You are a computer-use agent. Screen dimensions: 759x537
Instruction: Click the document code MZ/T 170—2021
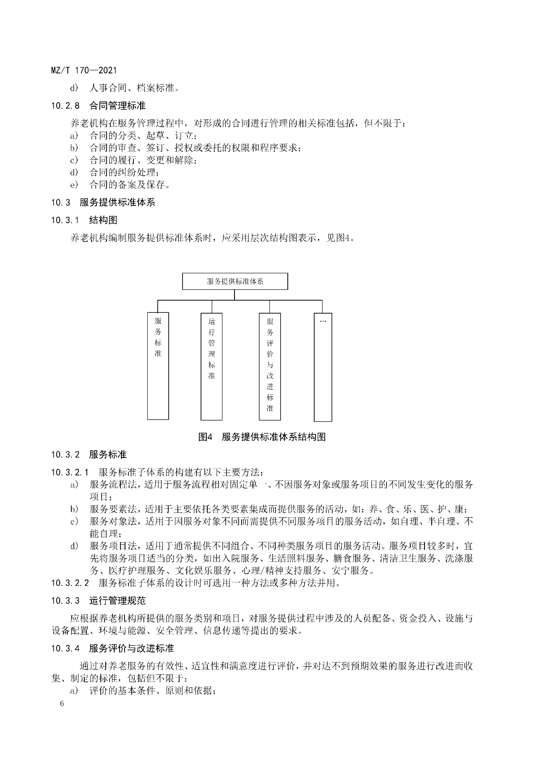pyautogui.click(x=83, y=70)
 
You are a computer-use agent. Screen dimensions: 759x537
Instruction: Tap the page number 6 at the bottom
pyautogui.click(x=62, y=703)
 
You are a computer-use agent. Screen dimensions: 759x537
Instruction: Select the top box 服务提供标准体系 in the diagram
pyautogui.click(x=235, y=281)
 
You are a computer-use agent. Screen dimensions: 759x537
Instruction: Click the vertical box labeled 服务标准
pyautogui.click(x=158, y=366)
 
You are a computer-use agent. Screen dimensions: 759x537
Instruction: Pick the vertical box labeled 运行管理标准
pyautogui.click(x=211, y=366)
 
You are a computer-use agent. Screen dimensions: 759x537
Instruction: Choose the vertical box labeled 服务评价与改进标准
pyautogui.click(x=270, y=366)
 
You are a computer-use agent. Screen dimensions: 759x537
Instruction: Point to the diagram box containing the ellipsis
pyautogui.click(x=323, y=367)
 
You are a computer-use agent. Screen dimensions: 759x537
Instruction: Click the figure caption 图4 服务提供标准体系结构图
pyautogui.click(x=262, y=437)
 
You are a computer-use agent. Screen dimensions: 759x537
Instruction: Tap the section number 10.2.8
pyautogui.click(x=65, y=106)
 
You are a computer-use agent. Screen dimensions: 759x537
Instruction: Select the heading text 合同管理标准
pyautogui.click(x=117, y=106)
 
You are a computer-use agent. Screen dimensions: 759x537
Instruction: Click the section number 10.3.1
pyautogui.click(x=65, y=220)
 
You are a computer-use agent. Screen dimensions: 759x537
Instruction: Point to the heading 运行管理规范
pyautogui.click(x=117, y=601)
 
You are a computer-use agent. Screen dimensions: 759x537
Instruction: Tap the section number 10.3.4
pyautogui.click(x=65, y=648)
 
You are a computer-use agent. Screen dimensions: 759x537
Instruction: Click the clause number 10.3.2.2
pyautogui.click(x=70, y=583)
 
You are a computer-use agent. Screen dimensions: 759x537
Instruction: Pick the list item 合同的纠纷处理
pyautogui.click(x=124, y=172)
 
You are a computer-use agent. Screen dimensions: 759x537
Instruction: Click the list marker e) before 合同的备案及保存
pyautogui.click(x=74, y=185)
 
